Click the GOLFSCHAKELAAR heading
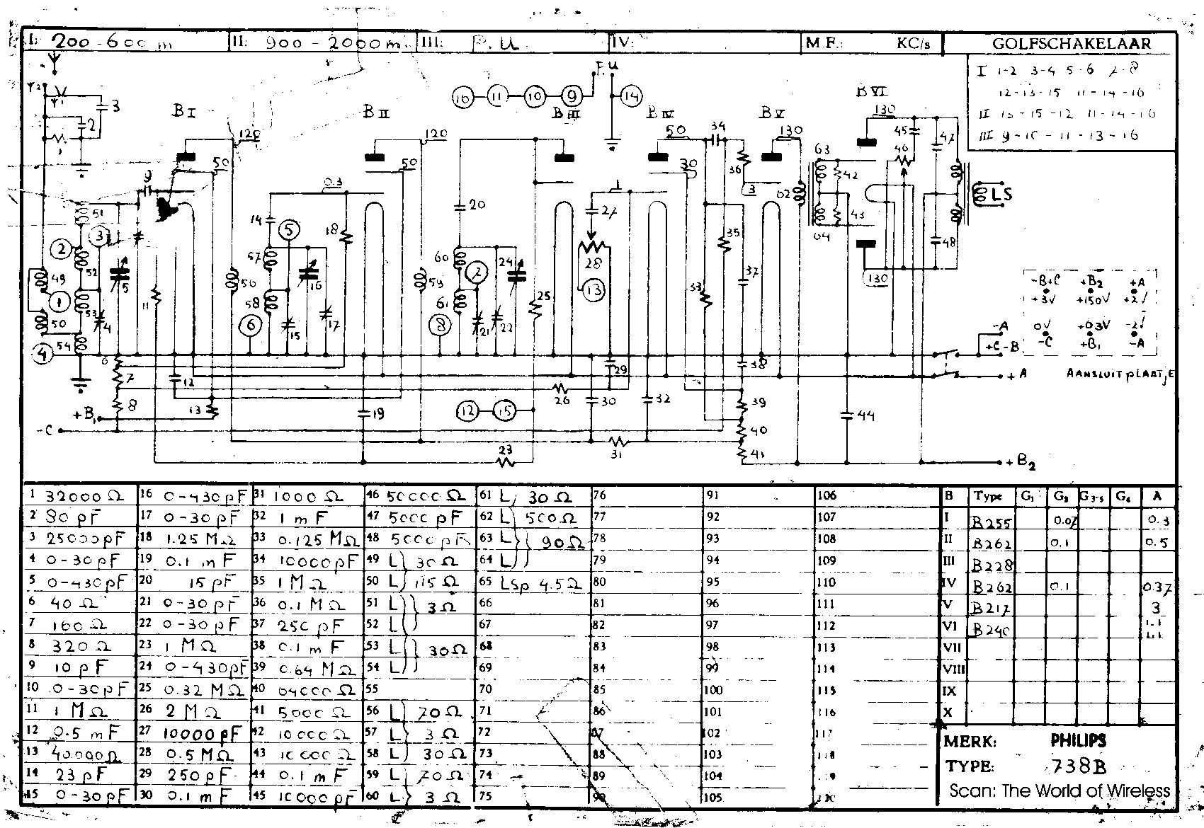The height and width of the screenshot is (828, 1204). coord(1071,43)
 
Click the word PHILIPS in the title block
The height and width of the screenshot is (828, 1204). coord(1078,741)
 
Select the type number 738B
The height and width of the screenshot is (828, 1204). coord(1078,766)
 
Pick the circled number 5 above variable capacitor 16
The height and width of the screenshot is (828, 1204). coord(289,229)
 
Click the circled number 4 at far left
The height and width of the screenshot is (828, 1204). coord(42,356)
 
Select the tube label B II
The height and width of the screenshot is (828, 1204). coord(376,112)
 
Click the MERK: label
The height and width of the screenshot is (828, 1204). coord(970,742)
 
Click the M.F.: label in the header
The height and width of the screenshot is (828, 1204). coord(824,43)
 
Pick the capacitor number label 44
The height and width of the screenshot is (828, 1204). coord(865,415)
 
